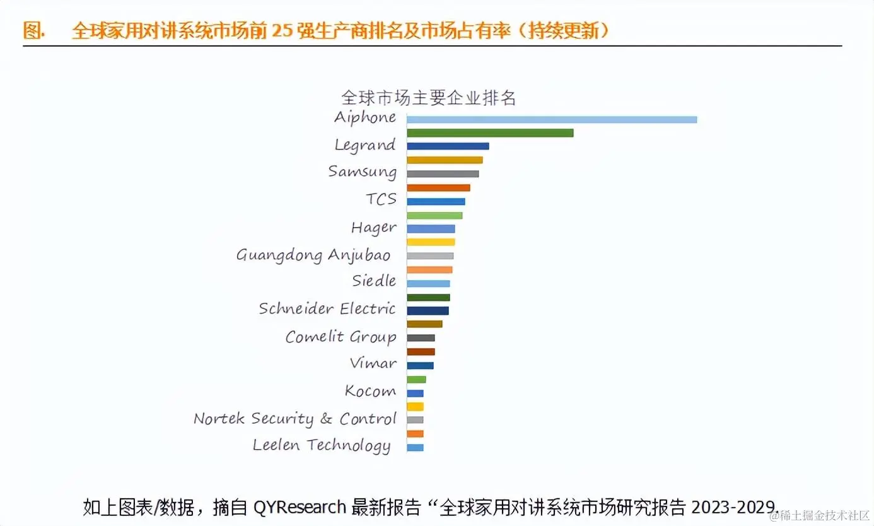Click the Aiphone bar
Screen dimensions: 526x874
coord(552,119)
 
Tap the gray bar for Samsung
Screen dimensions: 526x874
coord(443,173)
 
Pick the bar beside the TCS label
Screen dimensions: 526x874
coord(436,201)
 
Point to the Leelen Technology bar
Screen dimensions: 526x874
coord(415,448)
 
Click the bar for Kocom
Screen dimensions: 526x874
coord(415,393)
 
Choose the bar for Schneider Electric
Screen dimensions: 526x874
coord(428,311)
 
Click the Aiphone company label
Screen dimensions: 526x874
coord(365,117)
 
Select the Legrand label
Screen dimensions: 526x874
coord(365,145)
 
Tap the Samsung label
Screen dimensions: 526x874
coord(363,172)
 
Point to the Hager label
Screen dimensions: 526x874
coord(374,227)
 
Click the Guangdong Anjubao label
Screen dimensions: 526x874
coord(313,255)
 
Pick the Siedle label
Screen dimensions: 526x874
coord(374,281)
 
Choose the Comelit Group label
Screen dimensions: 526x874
coord(341,337)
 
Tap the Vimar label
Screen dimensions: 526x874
coord(373,363)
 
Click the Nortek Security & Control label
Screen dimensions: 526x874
coord(295,419)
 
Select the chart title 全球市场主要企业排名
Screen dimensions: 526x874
coord(428,98)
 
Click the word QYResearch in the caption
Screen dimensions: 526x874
coord(300,506)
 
